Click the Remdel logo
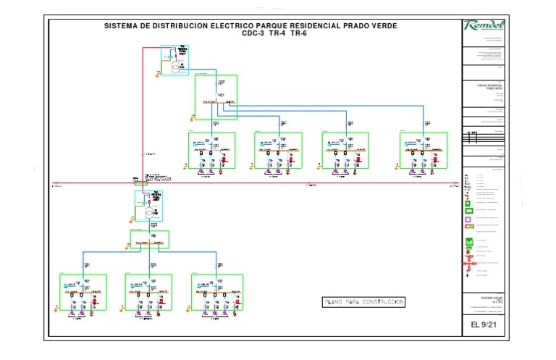(x=484, y=26)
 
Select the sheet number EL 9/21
(x=484, y=325)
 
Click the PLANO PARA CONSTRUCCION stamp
(x=363, y=302)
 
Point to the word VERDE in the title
(x=381, y=26)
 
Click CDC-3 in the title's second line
(x=253, y=34)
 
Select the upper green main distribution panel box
(x=216, y=97)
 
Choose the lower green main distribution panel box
(x=149, y=240)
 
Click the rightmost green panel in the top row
(x=424, y=151)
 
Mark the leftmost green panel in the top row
(x=212, y=151)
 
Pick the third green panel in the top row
(x=345, y=151)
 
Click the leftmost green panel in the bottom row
(x=83, y=292)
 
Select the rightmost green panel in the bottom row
(x=217, y=292)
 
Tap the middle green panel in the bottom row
(x=148, y=292)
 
